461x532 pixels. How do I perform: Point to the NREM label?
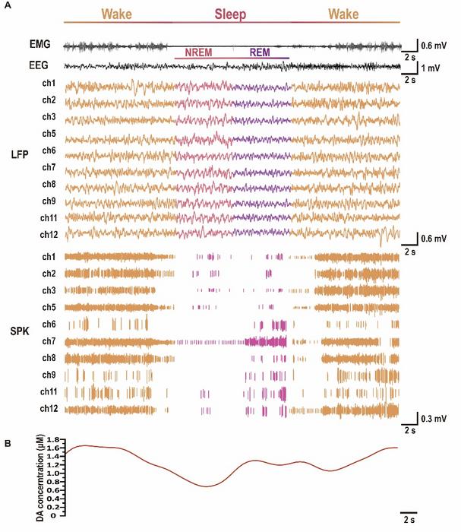[x=199, y=52]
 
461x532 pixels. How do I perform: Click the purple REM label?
[x=260, y=52]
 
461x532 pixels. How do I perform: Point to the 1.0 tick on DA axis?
[x=50, y=473]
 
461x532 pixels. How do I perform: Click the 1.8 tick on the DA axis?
[x=50, y=439]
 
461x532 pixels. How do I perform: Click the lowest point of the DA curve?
[x=206, y=486]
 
